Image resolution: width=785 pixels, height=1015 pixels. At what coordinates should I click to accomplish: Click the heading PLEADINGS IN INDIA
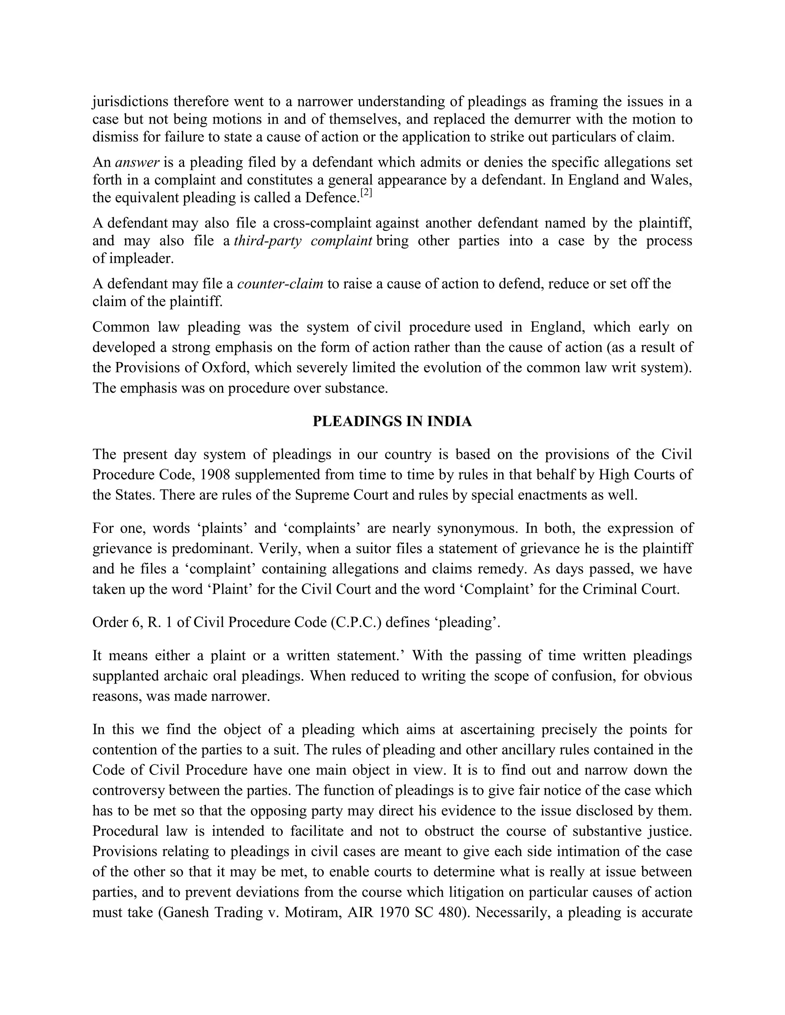point(392,422)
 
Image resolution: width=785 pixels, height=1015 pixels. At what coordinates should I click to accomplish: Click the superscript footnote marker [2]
point(366,194)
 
